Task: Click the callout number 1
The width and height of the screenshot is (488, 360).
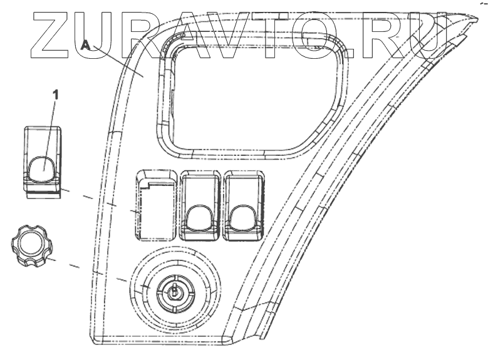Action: (56, 95)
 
